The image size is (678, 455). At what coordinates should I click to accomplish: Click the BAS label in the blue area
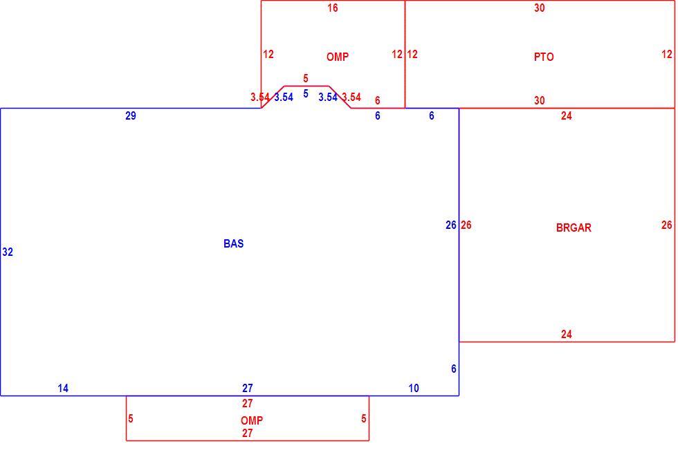pos(234,243)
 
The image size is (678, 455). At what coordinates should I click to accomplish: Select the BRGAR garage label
pos(574,228)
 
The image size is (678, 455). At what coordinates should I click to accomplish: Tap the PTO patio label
pos(544,57)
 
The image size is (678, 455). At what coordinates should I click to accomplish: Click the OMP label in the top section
pos(338,57)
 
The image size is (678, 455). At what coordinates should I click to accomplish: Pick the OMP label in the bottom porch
pos(252,420)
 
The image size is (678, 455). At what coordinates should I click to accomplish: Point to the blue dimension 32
pos(8,252)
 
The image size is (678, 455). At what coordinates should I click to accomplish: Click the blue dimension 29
pos(131,115)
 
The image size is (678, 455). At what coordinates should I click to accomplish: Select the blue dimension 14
pos(63,389)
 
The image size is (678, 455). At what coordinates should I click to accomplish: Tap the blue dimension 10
pos(414,389)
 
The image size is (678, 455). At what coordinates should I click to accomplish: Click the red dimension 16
pos(333,8)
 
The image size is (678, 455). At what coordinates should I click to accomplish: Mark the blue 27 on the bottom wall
pos(248,389)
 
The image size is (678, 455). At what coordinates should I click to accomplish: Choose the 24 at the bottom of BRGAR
pos(567,335)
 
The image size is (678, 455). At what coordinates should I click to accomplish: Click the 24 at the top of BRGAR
pos(567,115)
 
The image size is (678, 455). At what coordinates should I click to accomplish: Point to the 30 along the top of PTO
pos(539,8)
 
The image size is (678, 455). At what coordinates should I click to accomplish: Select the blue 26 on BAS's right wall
pos(451,225)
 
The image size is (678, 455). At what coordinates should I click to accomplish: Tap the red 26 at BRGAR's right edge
pos(667,225)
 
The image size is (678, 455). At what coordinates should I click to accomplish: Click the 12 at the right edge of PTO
pos(667,55)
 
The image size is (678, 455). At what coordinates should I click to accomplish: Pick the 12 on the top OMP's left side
pos(268,55)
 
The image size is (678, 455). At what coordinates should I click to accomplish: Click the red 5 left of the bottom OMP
pos(131,419)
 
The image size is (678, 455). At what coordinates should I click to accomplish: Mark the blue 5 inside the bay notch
pos(306,94)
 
